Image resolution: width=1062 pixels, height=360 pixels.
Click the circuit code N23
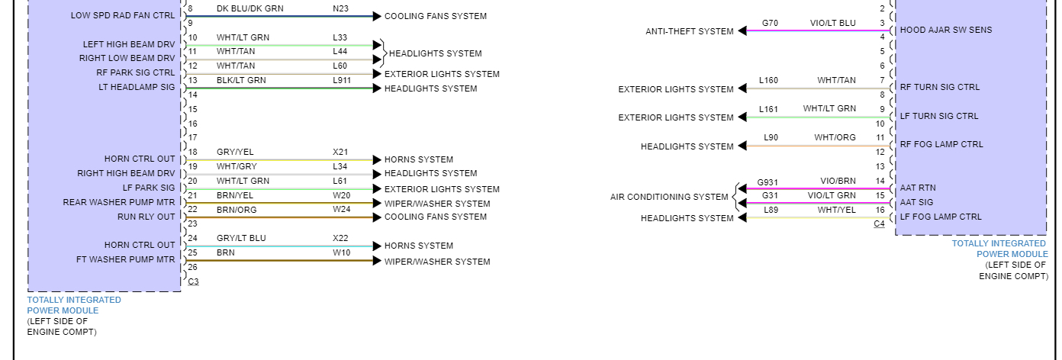click(x=340, y=8)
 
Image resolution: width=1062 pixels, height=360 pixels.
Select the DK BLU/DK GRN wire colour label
click(x=250, y=8)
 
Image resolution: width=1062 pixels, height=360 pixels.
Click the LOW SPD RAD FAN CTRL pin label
click(x=123, y=15)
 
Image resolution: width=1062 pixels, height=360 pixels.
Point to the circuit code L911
click(x=342, y=80)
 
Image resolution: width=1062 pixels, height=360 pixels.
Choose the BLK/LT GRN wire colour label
click(x=241, y=80)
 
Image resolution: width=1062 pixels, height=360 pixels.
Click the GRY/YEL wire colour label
click(x=234, y=152)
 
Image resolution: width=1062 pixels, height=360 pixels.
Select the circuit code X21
click(x=340, y=152)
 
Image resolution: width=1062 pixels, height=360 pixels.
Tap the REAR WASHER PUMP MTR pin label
click(x=119, y=202)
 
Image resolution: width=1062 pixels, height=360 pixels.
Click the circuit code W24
click(x=341, y=209)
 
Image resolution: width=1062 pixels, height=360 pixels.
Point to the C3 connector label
click(x=193, y=281)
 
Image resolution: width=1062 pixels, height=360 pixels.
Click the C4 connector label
click(x=879, y=223)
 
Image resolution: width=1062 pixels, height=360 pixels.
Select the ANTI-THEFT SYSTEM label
click(x=689, y=31)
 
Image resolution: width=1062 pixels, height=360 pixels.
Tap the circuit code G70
click(x=770, y=23)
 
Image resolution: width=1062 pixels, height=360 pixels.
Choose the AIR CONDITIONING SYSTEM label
click(x=669, y=197)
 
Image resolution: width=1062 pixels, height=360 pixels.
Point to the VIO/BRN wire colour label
click(x=838, y=182)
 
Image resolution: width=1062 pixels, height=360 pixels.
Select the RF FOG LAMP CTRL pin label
click(x=941, y=144)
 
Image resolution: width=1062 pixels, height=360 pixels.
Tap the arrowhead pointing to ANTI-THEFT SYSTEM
click(x=742, y=31)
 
